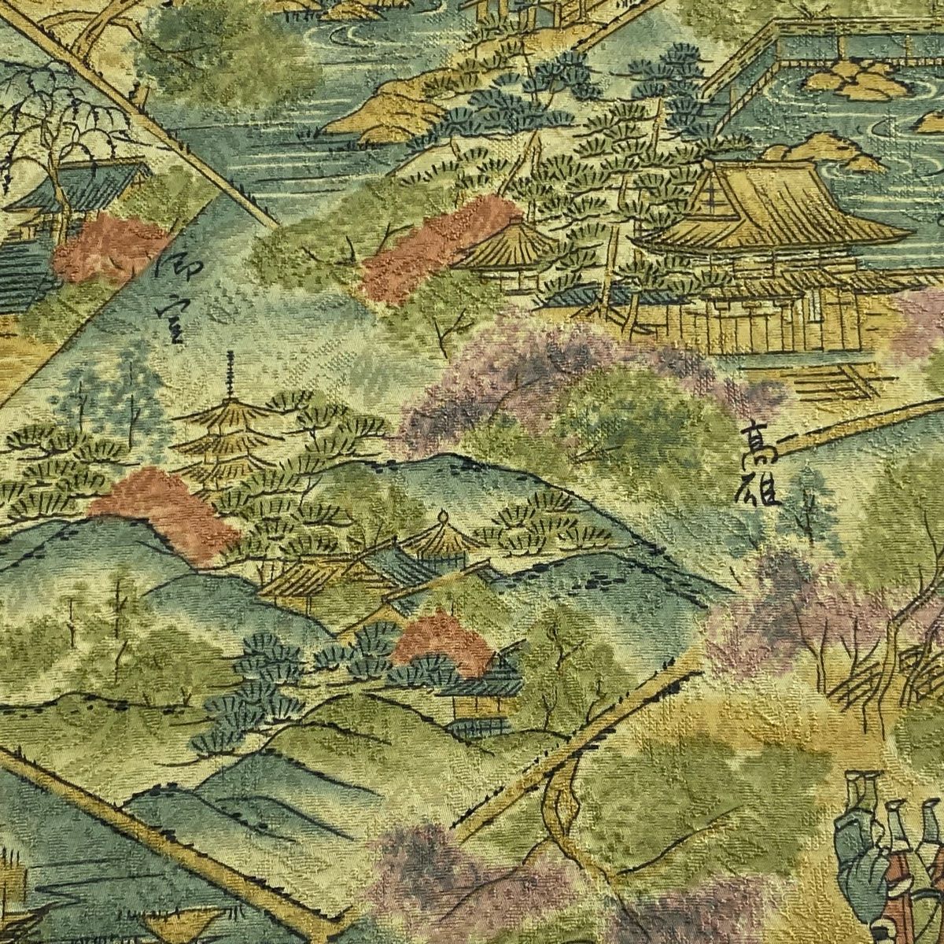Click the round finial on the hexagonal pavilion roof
point(443,518)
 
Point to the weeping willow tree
point(55,118)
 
